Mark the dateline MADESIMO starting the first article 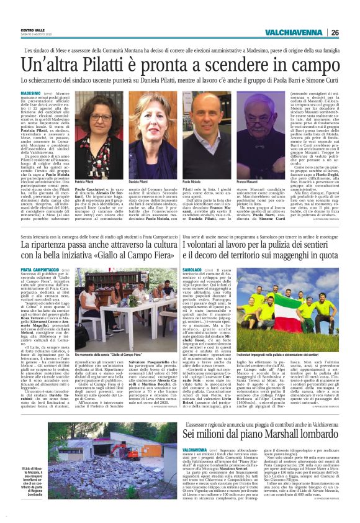point(32,91)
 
